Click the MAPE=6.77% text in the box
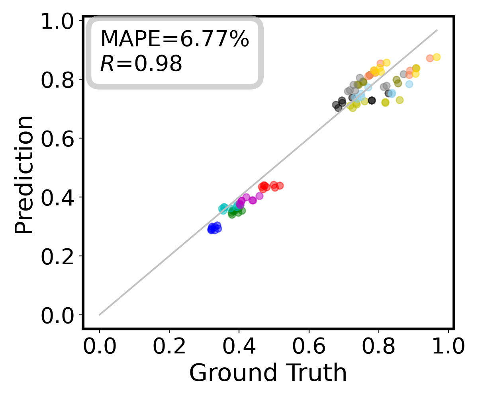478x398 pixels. [x=174, y=39]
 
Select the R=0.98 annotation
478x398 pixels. [x=141, y=64]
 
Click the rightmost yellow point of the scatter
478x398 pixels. [x=437, y=57]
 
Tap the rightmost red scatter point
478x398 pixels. [x=280, y=185]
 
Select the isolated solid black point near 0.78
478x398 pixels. [x=372, y=100]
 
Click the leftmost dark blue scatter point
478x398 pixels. [x=211, y=229]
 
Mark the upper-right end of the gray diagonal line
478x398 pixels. [x=437, y=30]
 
